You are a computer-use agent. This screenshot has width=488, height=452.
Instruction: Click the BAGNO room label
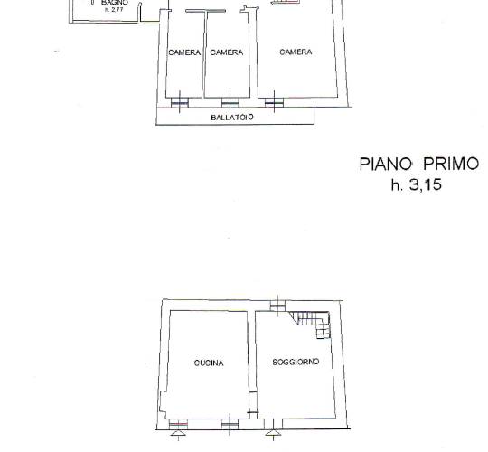coord(114,3)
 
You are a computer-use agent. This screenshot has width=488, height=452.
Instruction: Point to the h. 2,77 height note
coord(114,9)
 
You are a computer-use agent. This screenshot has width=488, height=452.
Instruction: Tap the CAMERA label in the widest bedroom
coord(296,52)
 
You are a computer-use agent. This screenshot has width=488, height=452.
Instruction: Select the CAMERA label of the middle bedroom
coord(227,52)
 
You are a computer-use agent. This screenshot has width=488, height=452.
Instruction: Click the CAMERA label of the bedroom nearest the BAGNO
coord(184,52)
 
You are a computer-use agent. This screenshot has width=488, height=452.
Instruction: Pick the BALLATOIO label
coord(232,118)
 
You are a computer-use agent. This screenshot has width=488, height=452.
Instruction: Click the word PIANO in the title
coord(386,164)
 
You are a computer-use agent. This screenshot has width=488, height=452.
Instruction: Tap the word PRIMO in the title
coord(450,164)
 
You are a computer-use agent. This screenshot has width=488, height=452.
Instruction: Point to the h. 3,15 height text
coord(417,184)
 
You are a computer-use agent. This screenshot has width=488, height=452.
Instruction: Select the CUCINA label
coord(209,363)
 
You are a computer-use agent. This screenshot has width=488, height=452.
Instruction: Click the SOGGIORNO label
coord(296,362)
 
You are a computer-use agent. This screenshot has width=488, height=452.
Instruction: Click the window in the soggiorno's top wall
coord(277,306)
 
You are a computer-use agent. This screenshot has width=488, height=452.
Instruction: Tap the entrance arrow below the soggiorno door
coord(273,433)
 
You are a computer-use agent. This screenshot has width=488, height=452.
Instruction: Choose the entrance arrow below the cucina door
coord(178,433)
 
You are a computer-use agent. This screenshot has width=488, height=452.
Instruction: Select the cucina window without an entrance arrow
coord(230,424)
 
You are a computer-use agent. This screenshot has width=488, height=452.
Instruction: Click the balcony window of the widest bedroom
coord(274,102)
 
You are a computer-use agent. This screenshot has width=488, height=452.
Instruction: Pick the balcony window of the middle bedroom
coord(230,102)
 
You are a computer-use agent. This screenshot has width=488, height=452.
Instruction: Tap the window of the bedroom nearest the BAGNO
coord(180,102)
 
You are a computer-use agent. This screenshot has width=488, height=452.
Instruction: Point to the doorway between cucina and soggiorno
coord(253,402)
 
